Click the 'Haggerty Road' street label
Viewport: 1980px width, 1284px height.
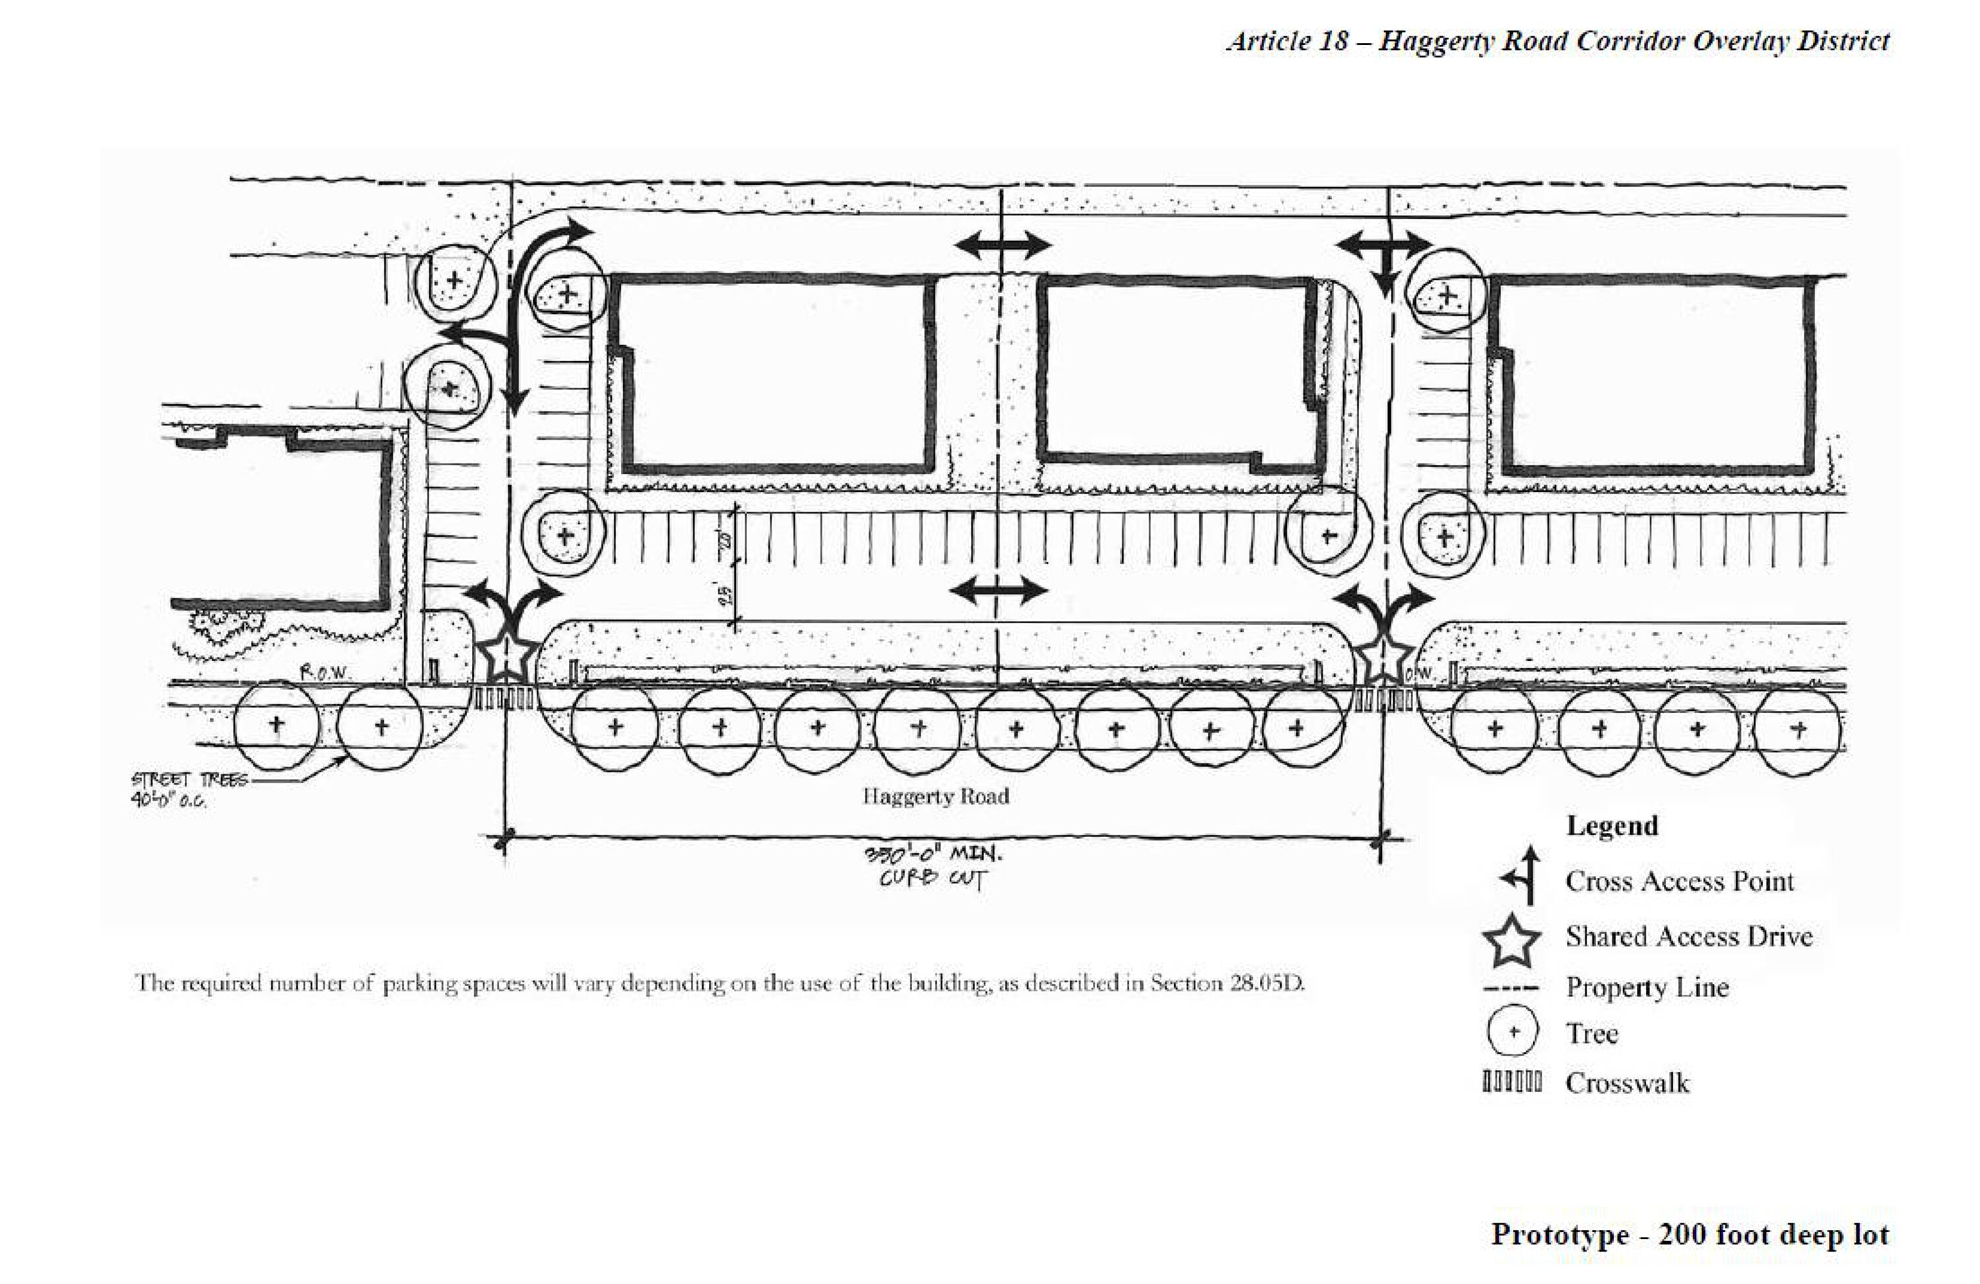(936, 796)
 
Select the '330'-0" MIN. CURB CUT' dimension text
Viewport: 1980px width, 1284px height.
(935, 866)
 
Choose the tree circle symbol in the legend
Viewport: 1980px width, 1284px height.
(1511, 1032)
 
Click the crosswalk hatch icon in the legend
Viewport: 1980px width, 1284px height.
(1511, 1083)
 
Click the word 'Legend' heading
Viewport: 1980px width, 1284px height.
(1612, 825)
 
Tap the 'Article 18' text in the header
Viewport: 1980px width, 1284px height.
(1287, 41)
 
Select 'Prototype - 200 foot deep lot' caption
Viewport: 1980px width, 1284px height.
(1689, 1233)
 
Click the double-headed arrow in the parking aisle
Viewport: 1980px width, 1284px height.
(997, 591)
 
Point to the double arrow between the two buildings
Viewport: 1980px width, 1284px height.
(1003, 246)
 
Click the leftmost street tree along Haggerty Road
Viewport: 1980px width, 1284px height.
(276, 726)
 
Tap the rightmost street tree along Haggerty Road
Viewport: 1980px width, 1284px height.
(1798, 731)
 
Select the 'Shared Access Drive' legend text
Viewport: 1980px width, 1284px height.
(1689, 936)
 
